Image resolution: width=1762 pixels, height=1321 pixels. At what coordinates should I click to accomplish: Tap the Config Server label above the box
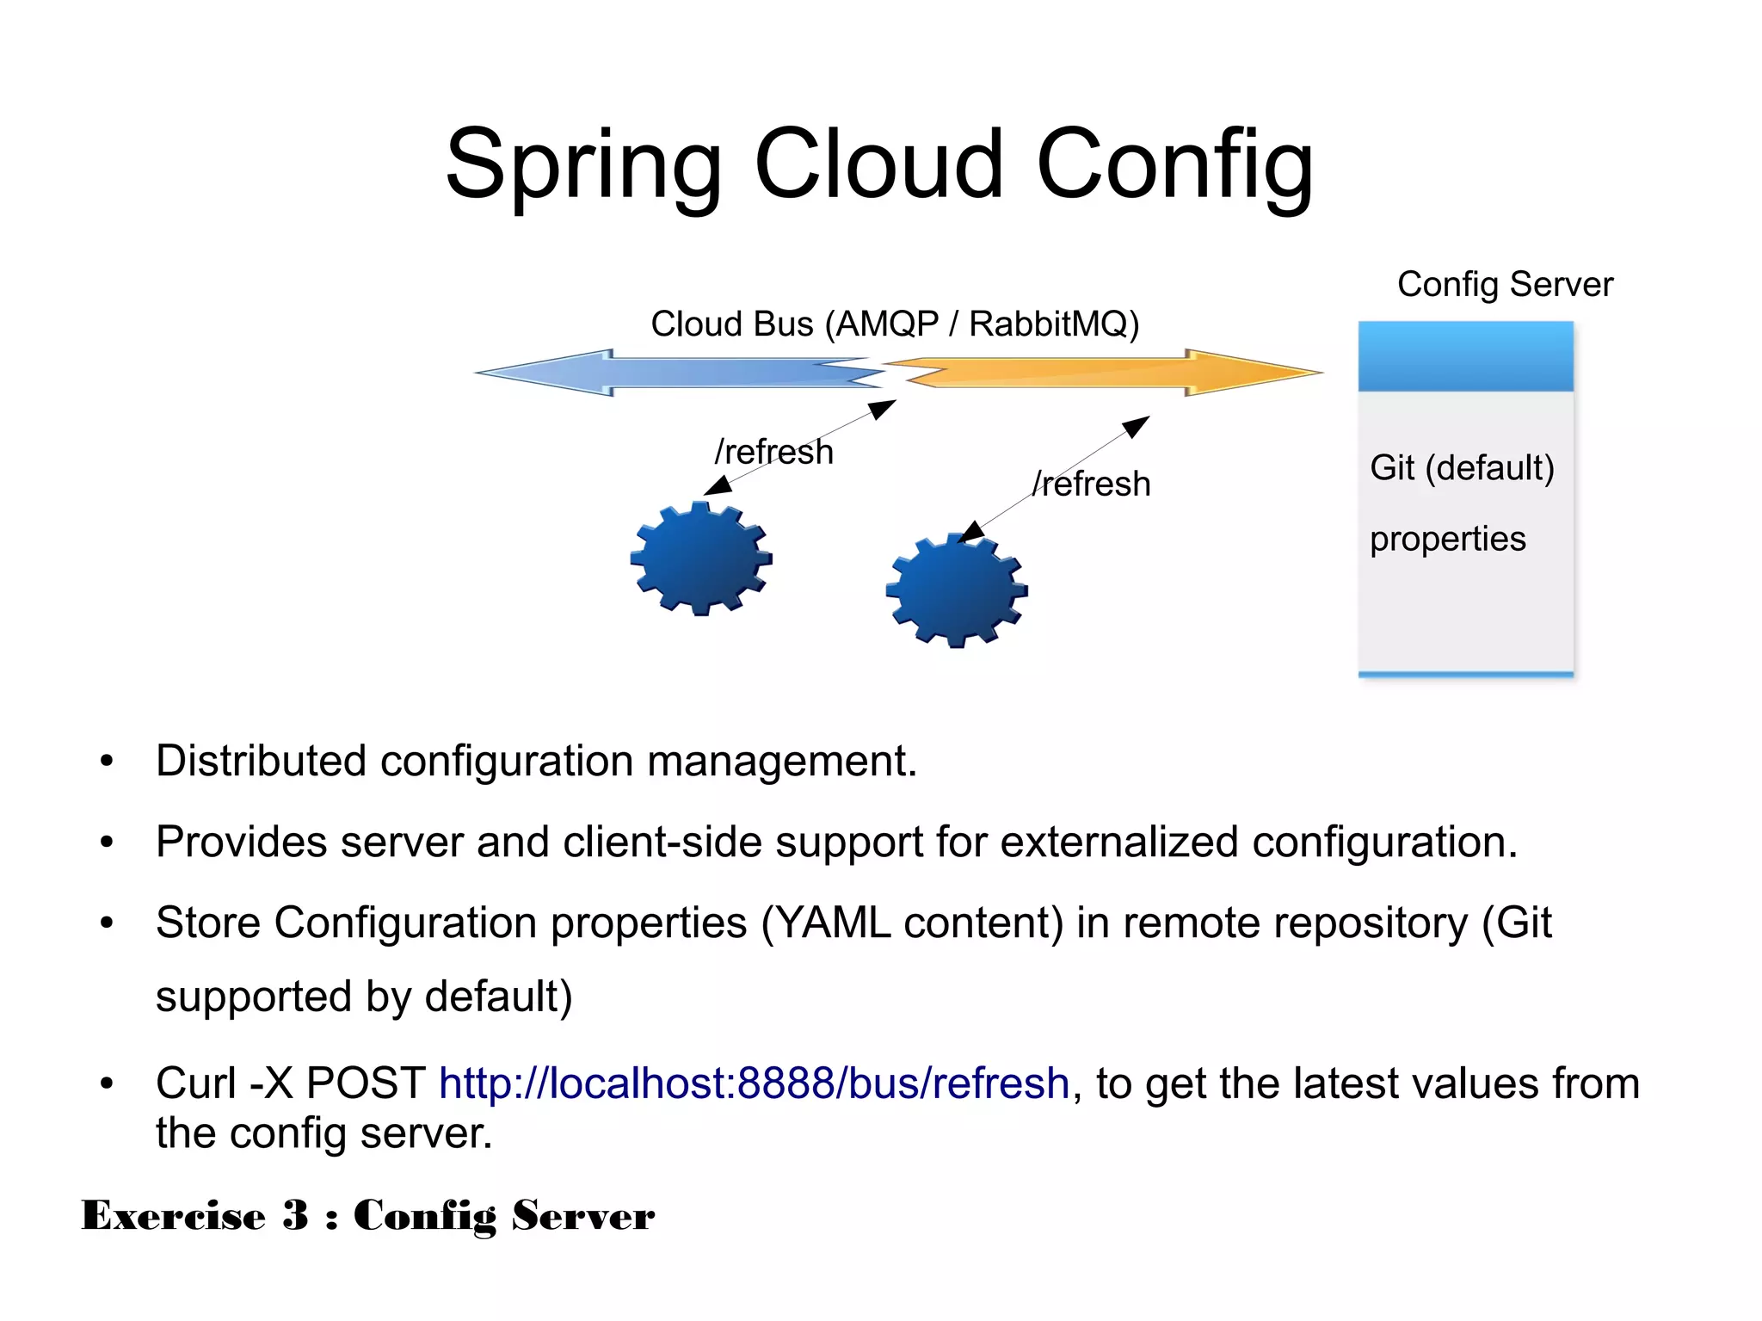1505,284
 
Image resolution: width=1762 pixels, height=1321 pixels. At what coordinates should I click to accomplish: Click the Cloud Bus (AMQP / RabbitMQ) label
895,324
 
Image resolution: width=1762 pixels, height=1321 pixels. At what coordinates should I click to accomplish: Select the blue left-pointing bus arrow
680,373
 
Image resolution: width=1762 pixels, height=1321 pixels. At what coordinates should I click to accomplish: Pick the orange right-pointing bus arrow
1110,373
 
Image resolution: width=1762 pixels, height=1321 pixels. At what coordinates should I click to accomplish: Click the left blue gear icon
701,559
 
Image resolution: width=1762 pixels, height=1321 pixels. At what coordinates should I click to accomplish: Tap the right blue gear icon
957,590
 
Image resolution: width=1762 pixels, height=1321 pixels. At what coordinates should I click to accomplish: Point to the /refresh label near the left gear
774,452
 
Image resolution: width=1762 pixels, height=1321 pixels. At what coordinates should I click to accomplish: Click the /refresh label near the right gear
1091,485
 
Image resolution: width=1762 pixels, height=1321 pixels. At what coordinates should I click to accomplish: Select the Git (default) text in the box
1462,468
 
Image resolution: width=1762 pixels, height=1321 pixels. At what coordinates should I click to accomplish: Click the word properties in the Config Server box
1448,540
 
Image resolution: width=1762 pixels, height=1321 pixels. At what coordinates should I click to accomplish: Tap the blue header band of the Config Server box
1465,356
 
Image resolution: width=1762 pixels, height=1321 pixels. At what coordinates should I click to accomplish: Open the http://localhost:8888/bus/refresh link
754,1083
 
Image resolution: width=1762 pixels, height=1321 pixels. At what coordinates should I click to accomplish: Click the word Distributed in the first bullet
261,762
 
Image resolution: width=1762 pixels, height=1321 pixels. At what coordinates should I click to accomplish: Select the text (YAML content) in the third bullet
912,923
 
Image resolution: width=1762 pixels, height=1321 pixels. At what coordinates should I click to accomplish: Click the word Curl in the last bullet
195,1083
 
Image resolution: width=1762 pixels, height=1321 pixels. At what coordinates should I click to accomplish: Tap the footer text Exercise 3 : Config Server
368,1216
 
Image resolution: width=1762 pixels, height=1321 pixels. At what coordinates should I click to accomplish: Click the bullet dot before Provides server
107,843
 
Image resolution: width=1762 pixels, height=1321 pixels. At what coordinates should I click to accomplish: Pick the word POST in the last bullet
366,1083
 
